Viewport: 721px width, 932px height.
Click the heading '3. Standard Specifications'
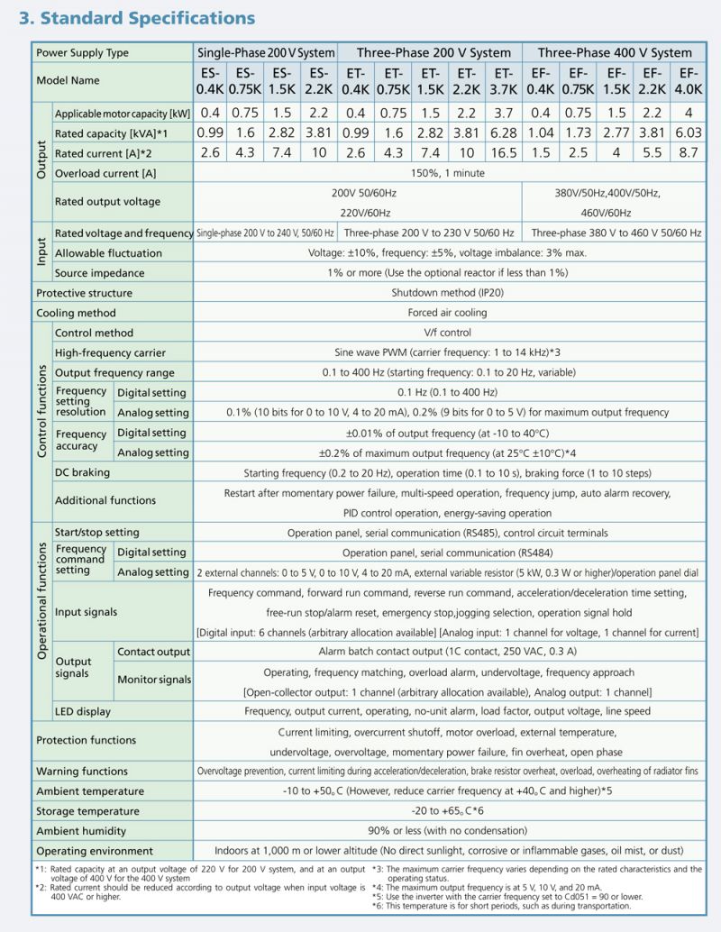[x=135, y=18]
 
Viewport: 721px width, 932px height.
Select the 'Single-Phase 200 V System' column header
[x=266, y=52]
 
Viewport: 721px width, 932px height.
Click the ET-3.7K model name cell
[x=504, y=80]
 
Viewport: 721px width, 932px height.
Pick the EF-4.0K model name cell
[x=688, y=80]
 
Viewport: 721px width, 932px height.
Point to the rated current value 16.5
[x=504, y=152]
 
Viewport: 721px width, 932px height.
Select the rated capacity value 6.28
[x=504, y=132]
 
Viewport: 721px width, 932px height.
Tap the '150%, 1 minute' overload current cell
[x=447, y=172]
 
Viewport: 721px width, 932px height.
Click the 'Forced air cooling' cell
[x=447, y=313]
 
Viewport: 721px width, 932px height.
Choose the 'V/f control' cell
[x=447, y=333]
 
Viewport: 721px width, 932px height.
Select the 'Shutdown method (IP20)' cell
[x=447, y=293]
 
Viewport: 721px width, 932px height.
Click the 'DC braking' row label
[x=83, y=472]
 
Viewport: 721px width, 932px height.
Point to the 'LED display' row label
[x=83, y=711]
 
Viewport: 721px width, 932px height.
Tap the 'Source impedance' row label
[x=99, y=273]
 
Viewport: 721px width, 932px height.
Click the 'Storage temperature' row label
[x=88, y=811]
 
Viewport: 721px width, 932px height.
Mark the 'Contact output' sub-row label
[x=153, y=652]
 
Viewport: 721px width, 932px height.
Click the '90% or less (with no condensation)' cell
[x=447, y=831]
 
